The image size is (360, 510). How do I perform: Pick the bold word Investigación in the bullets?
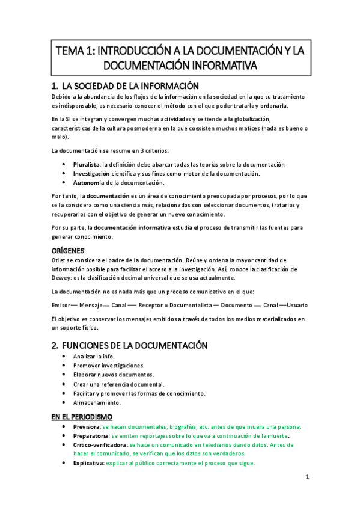click(x=92, y=173)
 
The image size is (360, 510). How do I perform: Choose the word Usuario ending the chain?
click(x=297, y=306)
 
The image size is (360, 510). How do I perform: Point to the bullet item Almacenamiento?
click(x=96, y=402)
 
